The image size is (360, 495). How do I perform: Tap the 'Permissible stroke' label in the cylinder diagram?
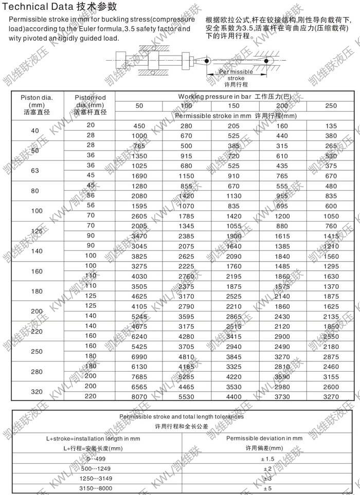236,75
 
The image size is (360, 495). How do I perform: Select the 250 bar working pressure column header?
331,106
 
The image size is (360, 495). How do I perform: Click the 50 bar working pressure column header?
139,106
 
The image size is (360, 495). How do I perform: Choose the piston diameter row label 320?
35,392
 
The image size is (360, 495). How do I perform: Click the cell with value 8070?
139,397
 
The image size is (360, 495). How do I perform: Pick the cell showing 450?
139,126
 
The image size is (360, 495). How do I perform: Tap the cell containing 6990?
139,356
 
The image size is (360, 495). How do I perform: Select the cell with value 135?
331,126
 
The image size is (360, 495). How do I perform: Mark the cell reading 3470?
139,236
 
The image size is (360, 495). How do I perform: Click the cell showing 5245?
139,316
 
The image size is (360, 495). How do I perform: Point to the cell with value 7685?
139,377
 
